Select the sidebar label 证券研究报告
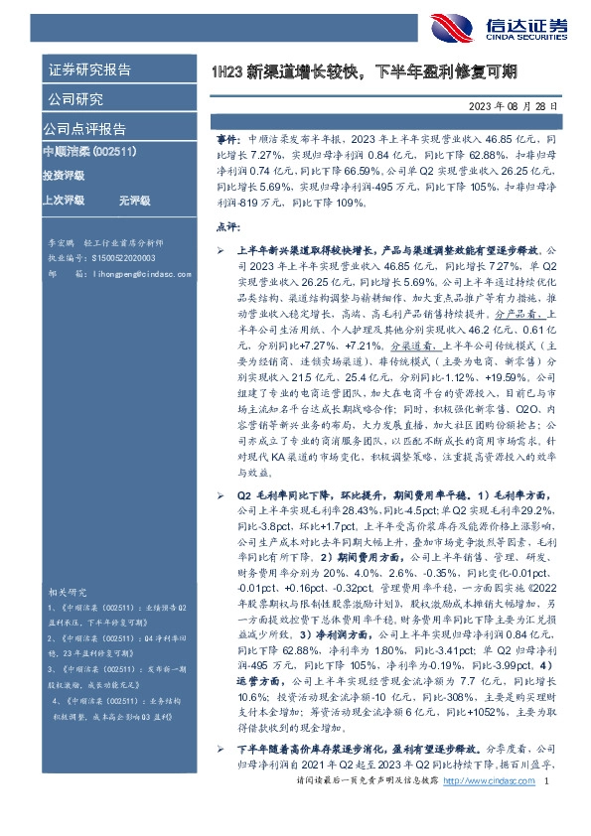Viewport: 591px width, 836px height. click(x=89, y=70)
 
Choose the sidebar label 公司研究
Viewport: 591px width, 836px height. click(x=74, y=99)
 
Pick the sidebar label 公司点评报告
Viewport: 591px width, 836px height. click(x=84, y=129)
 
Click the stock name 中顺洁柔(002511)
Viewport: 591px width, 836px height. click(x=89, y=151)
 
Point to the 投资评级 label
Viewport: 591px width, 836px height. click(x=64, y=176)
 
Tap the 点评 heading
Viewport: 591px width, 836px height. click(x=228, y=227)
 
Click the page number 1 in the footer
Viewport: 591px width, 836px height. click(x=547, y=810)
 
